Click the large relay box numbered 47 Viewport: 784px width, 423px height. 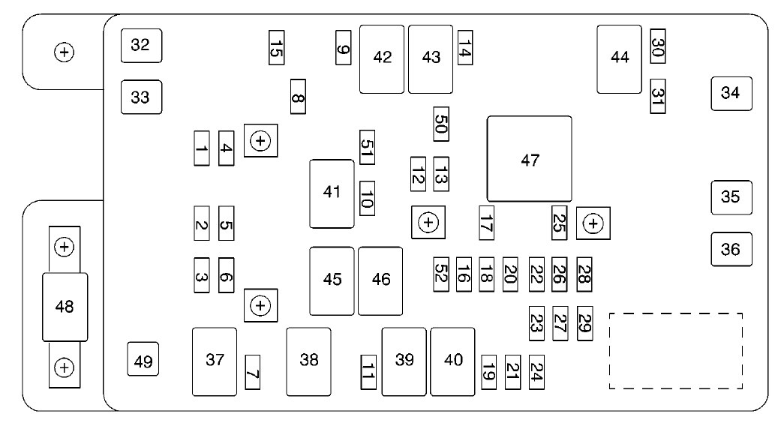click(530, 159)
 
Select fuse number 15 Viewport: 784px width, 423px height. click(277, 47)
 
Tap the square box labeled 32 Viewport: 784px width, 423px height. click(142, 46)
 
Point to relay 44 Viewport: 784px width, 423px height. click(619, 59)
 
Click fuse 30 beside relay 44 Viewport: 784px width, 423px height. click(658, 46)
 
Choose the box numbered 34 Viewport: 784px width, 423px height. click(731, 94)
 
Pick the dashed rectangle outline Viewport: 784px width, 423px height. click(676, 351)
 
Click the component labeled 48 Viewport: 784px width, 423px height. click(65, 307)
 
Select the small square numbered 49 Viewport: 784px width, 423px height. click(143, 359)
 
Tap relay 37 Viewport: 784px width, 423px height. click(215, 361)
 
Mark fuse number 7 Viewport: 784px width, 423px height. click(253, 373)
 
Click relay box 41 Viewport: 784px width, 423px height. click(332, 194)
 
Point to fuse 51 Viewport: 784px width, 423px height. click(367, 148)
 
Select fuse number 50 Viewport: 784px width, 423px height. click(441, 124)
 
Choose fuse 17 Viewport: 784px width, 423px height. click(486, 223)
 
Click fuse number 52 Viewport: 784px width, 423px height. click(441, 274)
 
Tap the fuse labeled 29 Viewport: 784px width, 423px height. click(585, 323)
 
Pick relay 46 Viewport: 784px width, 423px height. click(380, 281)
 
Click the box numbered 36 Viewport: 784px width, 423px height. click(731, 249)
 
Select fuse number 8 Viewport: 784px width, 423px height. click(298, 97)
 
